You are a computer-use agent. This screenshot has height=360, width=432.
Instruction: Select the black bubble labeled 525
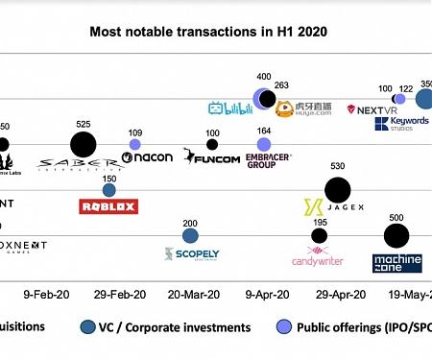(x=84, y=145)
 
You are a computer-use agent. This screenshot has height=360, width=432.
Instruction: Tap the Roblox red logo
(x=108, y=205)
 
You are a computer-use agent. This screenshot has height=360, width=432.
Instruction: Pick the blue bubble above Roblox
(x=109, y=190)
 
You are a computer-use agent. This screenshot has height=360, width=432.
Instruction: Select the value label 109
(x=134, y=132)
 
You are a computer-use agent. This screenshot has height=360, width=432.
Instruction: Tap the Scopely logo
(x=191, y=254)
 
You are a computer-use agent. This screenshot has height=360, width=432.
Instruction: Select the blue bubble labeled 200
(x=190, y=235)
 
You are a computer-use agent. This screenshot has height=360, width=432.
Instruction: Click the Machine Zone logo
(x=396, y=260)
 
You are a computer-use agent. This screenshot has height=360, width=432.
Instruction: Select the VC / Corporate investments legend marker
(x=89, y=326)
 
